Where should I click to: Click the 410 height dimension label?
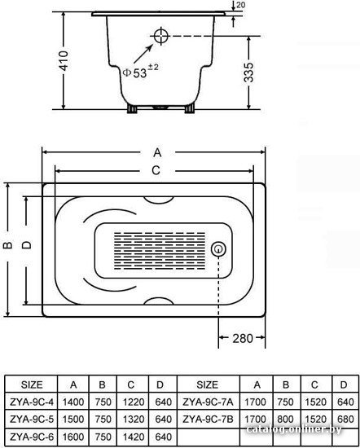64,60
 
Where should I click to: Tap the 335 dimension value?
248,72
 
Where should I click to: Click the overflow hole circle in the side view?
161,36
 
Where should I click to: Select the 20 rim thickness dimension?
241,5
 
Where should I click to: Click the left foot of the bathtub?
132,108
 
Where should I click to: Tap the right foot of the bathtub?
190,108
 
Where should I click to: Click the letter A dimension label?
157,152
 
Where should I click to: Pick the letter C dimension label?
156,170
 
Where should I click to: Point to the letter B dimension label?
8,245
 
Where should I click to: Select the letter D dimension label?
27,245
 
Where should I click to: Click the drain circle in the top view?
218,249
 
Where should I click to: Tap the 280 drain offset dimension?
243,338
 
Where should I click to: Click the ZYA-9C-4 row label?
32,402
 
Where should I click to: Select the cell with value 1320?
134,419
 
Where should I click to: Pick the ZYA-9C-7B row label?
208,419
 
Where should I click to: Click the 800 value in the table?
285,419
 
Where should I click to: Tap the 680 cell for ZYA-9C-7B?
345,419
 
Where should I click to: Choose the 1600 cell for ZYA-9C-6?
73,437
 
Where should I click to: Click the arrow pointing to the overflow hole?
143,54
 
